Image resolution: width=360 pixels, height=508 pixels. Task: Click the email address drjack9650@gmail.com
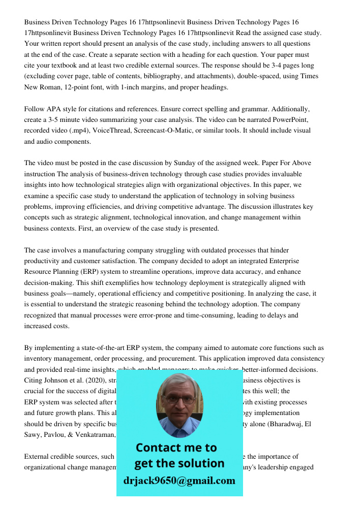pos(179,481)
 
